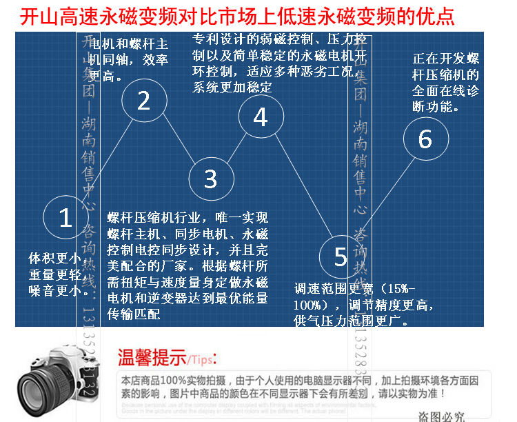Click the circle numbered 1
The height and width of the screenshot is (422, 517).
(x=65, y=218)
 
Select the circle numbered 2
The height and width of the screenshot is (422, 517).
(x=143, y=101)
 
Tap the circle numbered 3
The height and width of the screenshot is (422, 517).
(x=211, y=179)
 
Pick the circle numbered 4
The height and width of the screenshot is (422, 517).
(x=260, y=117)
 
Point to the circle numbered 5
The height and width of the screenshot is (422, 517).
(x=341, y=257)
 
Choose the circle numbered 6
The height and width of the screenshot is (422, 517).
(x=425, y=139)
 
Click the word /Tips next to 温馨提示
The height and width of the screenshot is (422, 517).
(x=202, y=361)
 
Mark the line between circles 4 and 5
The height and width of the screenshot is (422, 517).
(x=301, y=187)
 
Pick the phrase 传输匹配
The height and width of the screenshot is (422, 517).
(x=134, y=314)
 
